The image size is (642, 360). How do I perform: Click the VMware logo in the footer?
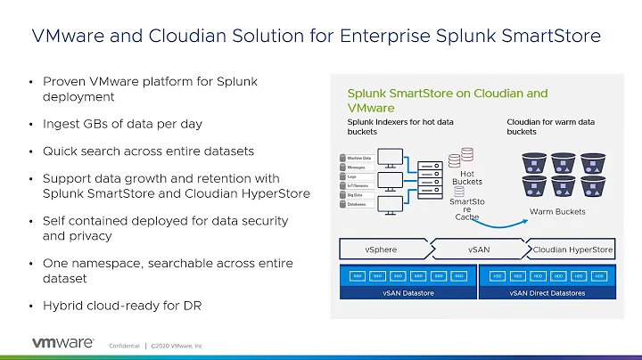(x=64, y=342)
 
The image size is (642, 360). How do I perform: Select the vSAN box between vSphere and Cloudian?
(x=478, y=250)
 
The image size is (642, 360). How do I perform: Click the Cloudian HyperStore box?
(x=572, y=250)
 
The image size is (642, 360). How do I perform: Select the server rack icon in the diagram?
(x=427, y=177)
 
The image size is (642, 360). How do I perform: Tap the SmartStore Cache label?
(x=467, y=209)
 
